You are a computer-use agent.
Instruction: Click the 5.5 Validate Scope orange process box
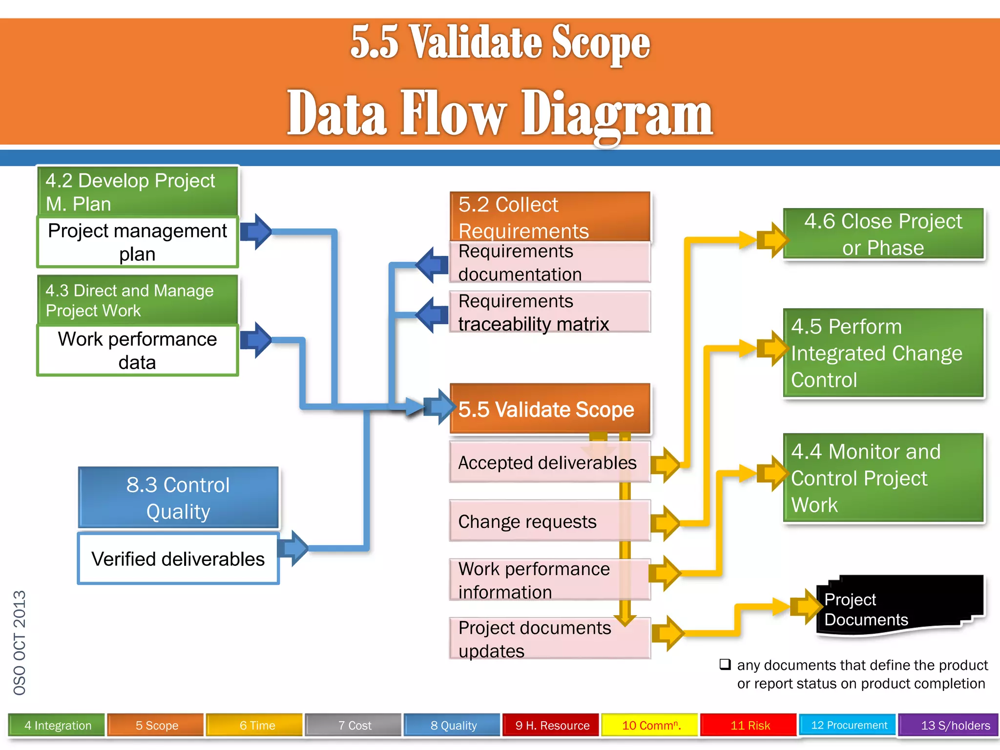pyautogui.click(x=550, y=409)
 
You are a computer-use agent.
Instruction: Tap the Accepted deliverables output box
pyautogui.click(x=549, y=462)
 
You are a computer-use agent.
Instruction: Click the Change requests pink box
pyautogui.click(x=549, y=521)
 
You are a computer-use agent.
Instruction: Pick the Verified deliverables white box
pyautogui.click(x=178, y=559)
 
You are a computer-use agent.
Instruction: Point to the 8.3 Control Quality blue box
pyautogui.click(x=178, y=498)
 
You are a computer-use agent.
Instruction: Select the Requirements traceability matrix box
pyautogui.click(x=549, y=312)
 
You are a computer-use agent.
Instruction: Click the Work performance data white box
pyautogui.click(x=137, y=350)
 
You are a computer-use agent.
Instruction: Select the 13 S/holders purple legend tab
pyautogui.click(x=948, y=725)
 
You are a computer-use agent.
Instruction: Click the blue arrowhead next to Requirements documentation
pyautogui.click(x=431, y=265)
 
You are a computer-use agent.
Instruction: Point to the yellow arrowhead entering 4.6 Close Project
pyautogui.click(x=773, y=240)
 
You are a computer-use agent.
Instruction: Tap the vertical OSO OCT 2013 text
pyautogui.click(x=20, y=642)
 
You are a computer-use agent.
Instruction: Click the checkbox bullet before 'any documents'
pyautogui.click(x=725, y=665)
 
